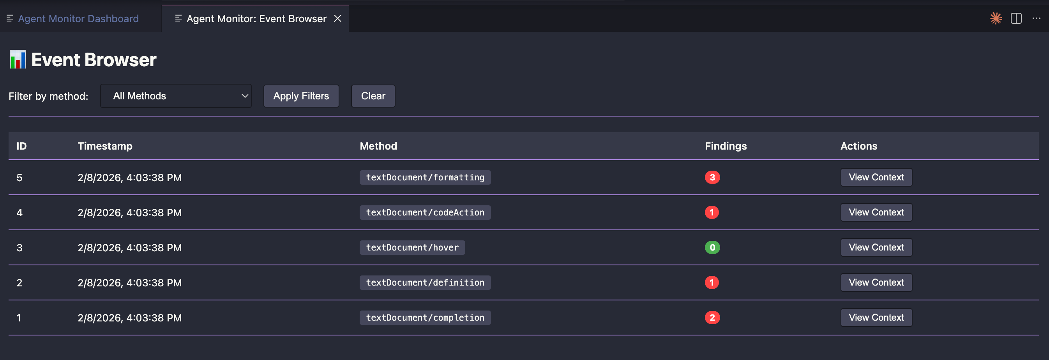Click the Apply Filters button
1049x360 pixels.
[x=301, y=96]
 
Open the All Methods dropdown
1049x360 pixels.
[x=176, y=96]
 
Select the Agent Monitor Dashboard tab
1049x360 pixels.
[x=78, y=19]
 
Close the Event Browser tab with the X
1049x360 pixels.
[x=337, y=19]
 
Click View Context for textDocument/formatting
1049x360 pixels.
[x=876, y=178]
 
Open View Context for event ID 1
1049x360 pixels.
[x=876, y=318]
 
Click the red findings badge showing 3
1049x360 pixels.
[x=712, y=178]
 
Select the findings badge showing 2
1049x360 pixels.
[x=712, y=318]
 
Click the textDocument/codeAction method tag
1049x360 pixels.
[x=425, y=213]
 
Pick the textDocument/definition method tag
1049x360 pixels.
[x=425, y=282]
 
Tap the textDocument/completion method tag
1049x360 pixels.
[x=425, y=318]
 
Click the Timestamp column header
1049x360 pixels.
[x=105, y=146]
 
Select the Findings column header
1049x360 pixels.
[x=726, y=146]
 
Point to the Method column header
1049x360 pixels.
[x=378, y=146]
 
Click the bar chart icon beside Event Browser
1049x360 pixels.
[x=18, y=60]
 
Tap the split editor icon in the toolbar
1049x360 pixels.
[x=1016, y=19]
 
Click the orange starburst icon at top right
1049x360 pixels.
[x=996, y=19]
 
